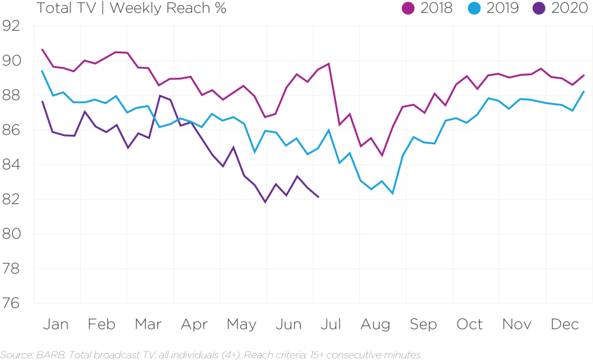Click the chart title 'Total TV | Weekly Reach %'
(x=131, y=9)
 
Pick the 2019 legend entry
(x=497, y=9)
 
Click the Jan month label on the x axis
(x=56, y=325)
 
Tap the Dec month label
(x=565, y=325)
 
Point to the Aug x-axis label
(x=375, y=325)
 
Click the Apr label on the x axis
(x=194, y=325)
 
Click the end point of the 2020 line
(x=319, y=197)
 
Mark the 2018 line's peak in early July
(x=329, y=63)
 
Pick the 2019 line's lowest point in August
(x=393, y=194)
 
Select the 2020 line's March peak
(x=159, y=95)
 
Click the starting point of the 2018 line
(x=43, y=49)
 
